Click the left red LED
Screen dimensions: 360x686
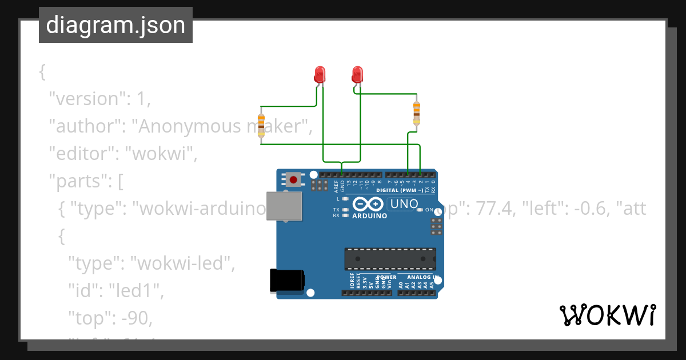(320, 74)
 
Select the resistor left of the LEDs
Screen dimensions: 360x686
(261, 125)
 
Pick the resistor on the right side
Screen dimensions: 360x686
(416, 112)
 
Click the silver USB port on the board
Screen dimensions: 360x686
(285, 206)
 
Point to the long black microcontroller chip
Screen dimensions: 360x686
(390, 259)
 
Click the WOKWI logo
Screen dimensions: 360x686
(607, 315)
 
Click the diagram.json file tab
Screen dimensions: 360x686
(115, 25)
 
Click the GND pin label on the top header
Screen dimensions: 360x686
(342, 186)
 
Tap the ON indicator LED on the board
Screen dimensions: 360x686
(420, 210)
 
